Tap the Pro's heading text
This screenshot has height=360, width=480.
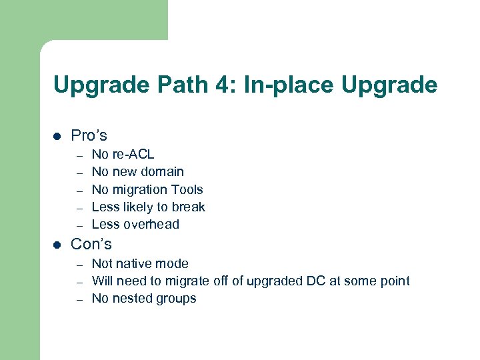[89, 135]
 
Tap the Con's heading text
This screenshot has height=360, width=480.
[91, 244]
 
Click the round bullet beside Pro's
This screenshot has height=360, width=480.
[57, 136]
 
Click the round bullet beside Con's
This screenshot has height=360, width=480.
[57, 245]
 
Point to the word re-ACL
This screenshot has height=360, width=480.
[133, 155]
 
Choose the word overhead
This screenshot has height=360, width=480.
[154, 225]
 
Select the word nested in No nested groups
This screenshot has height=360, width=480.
[131, 299]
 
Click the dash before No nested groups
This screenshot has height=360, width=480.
[78, 299]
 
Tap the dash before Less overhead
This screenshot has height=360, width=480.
[78, 225]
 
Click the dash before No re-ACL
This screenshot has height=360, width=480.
[78, 155]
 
